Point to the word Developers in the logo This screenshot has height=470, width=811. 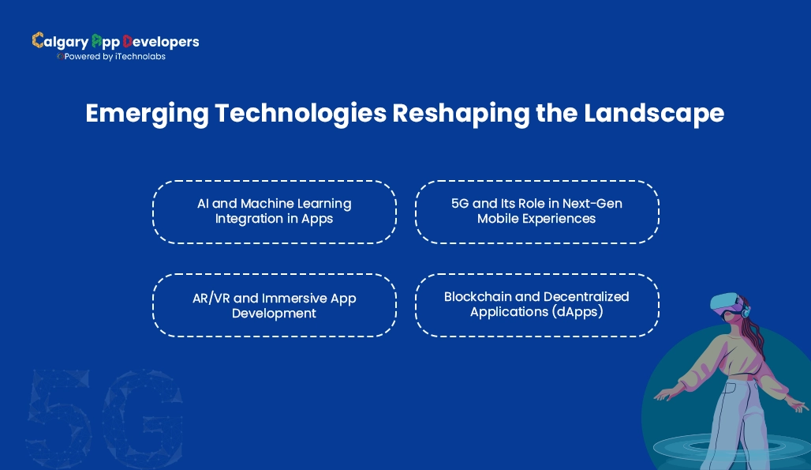click(x=161, y=41)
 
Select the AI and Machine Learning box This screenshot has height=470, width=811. click(x=274, y=211)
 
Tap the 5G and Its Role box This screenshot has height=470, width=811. click(x=536, y=211)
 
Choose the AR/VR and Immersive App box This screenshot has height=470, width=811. click(x=274, y=305)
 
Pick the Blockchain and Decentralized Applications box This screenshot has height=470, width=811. click(x=536, y=305)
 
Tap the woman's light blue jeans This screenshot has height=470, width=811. click(x=730, y=427)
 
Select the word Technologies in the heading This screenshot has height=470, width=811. click(x=301, y=114)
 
